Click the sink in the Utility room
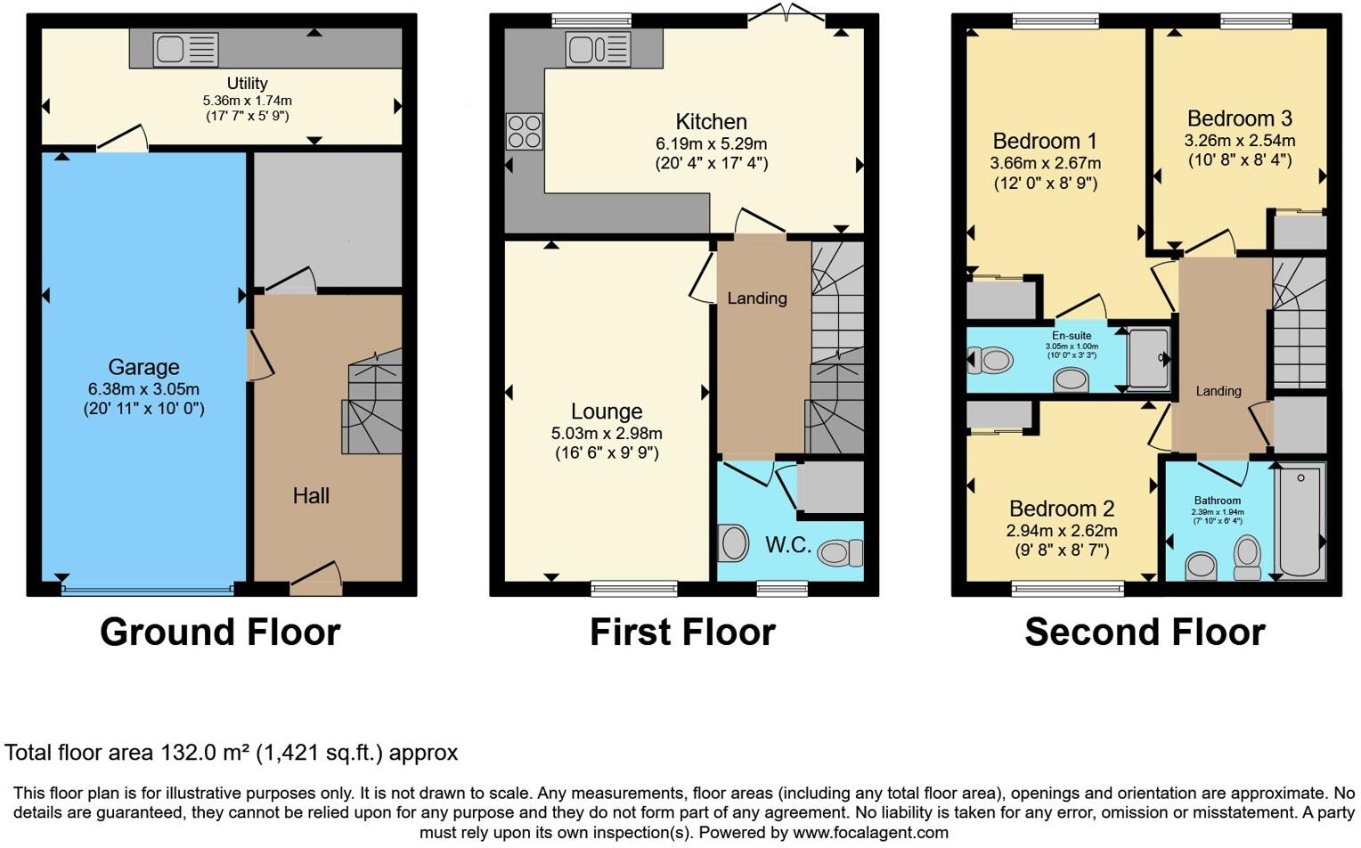pyautogui.click(x=185, y=50)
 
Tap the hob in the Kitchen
pyautogui.click(x=524, y=132)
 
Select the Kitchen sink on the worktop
pyautogui.click(x=598, y=50)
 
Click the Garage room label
pyautogui.click(x=143, y=367)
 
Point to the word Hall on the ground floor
pyautogui.click(x=311, y=496)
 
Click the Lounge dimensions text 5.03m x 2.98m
pyautogui.click(x=607, y=434)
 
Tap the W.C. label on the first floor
pyautogui.click(x=787, y=545)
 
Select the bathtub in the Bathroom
pyautogui.click(x=1300, y=521)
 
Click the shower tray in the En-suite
pyautogui.click(x=1148, y=358)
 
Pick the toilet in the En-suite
pyautogui.click(x=990, y=361)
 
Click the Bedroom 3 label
pyautogui.click(x=1239, y=118)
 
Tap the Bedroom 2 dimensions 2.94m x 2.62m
pyautogui.click(x=1062, y=531)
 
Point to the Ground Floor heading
pyautogui.click(x=220, y=632)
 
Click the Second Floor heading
pyautogui.click(x=1145, y=632)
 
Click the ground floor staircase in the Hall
pyautogui.click(x=373, y=405)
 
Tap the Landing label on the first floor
pyautogui.click(x=757, y=298)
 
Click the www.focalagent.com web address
pyautogui.click(x=870, y=833)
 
